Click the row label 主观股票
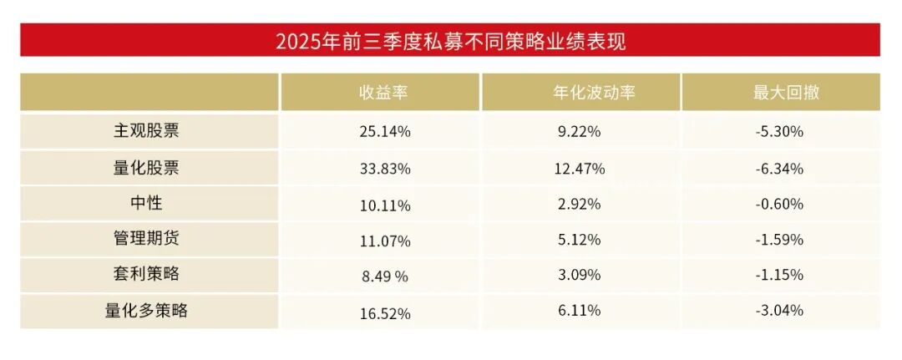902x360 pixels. point(146,131)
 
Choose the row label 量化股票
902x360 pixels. point(146,168)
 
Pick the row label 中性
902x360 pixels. point(146,204)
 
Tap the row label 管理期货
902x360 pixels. point(146,240)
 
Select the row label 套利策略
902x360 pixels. point(146,275)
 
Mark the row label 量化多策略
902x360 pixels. point(146,312)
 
